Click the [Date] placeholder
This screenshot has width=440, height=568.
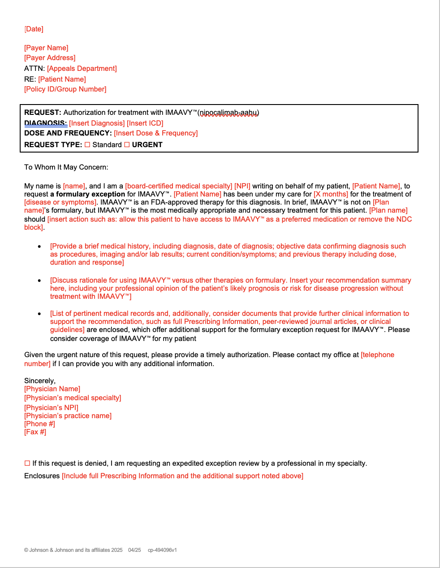pyautogui.click(x=34, y=29)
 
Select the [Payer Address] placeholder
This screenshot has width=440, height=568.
pyautogui.click(x=50, y=58)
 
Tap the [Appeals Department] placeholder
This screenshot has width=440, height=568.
pyautogui.click(x=82, y=69)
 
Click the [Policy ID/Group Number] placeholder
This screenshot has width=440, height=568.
pyautogui.click(x=65, y=89)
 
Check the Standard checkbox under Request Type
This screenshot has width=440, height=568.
pyautogui.click(x=87, y=145)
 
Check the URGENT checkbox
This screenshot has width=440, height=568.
pyautogui.click(x=127, y=145)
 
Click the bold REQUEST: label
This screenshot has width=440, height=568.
pyautogui.click(x=43, y=113)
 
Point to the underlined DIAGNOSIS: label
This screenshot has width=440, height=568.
pyautogui.click(x=45, y=123)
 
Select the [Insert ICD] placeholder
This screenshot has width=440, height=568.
pyautogui.click(x=145, y=123)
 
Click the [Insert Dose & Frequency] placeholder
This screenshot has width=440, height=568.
pyautogui.click(x=156, y=133)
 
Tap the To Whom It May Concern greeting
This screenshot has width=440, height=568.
pyautogui.click(x=66, y=167)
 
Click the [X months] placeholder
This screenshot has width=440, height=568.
pyautogui.click(x=331, y=194)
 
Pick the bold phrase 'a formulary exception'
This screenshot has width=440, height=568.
pyautogui.click(x=87, y=194)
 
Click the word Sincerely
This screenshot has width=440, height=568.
pyautogui.click(x=39, y=381)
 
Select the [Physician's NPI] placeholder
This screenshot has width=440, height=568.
pyautogui.click(x=51, y=408)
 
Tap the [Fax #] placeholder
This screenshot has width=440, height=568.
pyautogui.click(x=35, y=432)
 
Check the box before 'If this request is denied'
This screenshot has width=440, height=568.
pyautogui.click(x=27, y=463)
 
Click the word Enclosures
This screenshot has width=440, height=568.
pyautogui.click(x=42, y=476)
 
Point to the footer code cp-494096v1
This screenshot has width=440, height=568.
pyautogui.click(x=162, y=550)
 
